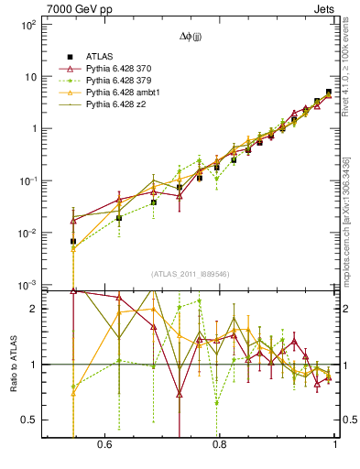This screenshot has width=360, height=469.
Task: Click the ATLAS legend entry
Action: click(99, 55)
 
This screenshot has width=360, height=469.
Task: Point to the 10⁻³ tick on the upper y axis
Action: click(27, 286)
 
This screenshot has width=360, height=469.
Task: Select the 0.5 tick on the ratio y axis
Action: click(31, 420)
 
